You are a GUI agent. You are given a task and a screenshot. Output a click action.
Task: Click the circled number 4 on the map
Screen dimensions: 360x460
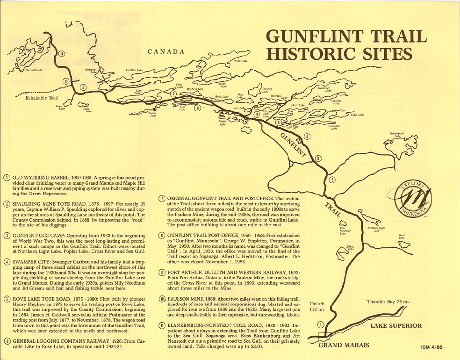307,137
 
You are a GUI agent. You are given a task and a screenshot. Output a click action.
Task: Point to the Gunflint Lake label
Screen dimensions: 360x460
134,70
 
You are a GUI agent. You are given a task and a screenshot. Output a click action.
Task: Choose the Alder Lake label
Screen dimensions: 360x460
357,115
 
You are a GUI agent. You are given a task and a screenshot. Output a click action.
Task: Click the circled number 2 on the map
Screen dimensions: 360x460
332,180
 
